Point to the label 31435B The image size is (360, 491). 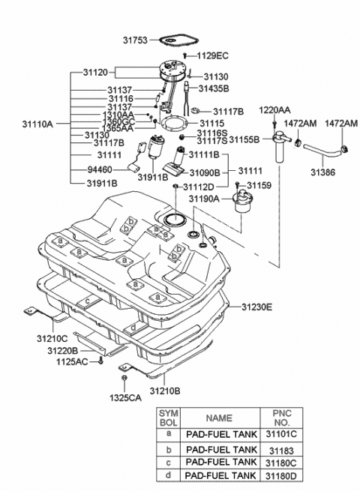214,88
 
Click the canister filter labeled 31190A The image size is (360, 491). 244,203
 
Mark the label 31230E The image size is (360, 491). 257,307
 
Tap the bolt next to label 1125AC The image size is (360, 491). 100,362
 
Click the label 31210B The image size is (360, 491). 166,391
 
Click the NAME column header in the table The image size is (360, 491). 219,417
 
